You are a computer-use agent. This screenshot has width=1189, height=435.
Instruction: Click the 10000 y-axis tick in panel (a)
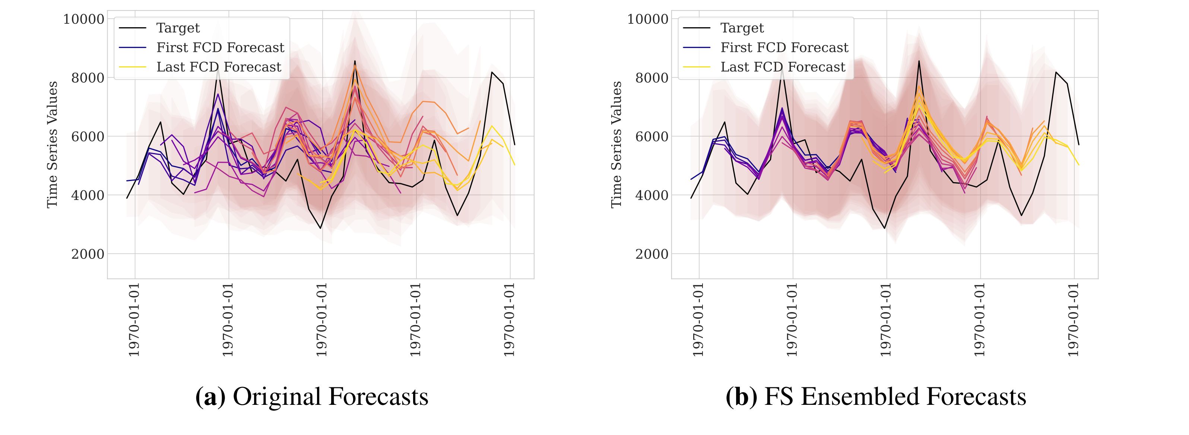click(83, 19)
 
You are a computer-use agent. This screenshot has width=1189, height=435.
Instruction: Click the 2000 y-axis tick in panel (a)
click(88, 254)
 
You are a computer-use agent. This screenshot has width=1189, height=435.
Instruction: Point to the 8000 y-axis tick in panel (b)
click(652, 78)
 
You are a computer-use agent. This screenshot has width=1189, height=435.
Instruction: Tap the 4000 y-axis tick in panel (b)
click(652, 196)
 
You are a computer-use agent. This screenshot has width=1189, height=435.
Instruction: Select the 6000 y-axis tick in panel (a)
click(88, 137)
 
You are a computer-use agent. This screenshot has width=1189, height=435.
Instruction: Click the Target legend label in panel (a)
click(178, 28)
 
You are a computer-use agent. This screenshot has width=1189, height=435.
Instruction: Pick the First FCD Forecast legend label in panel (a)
click(220, 48)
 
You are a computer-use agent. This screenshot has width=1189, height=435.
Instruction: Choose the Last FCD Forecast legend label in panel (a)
click(219, 67)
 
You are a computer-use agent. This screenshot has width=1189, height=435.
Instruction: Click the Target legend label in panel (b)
click(742, 28)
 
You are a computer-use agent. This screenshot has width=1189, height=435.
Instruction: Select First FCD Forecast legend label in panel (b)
click(784, 48)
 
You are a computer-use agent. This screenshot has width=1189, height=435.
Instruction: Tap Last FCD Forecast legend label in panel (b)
click(783, 67)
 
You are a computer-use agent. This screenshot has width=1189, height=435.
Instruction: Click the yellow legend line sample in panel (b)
click(697, 67)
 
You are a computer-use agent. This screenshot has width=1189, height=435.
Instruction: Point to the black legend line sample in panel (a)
click(133, 28)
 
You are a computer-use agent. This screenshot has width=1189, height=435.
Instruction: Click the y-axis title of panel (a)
click(53, 145)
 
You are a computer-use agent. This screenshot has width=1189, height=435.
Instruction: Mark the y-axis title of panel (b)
click(616, 145)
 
